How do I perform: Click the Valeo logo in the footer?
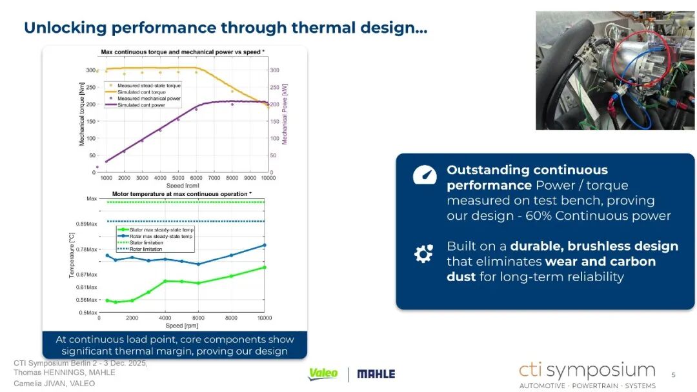[x=323, y=374]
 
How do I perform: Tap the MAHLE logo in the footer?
[x=376, y=374]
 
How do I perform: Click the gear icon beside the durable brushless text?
[x=423, y=253]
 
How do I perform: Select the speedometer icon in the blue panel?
[x=425, y=175]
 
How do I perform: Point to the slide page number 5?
[x=673, y=375]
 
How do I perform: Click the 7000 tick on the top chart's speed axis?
[x=214, y=178]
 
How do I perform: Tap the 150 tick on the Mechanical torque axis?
[x=91, y=121]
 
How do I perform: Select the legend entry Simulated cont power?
[x=141, y=105]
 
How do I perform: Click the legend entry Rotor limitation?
[x=146, y=249]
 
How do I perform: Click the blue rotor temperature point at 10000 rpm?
[x=265, y=245]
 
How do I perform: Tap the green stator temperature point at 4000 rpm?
[x=165, y=281]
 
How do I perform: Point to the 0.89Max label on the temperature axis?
[x=86, y=224]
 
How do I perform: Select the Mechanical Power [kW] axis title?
[x=285, y=114]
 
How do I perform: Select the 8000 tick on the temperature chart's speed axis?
[x=231, y=318]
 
